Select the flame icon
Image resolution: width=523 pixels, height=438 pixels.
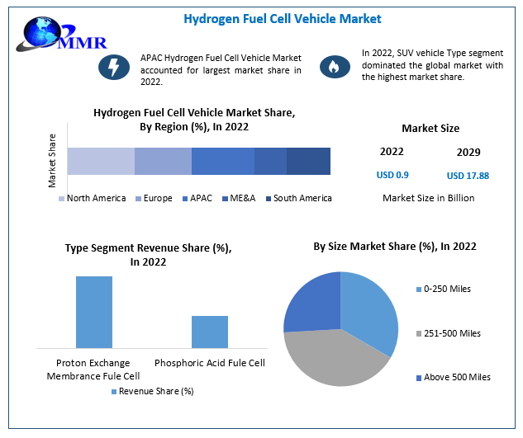[335, 66]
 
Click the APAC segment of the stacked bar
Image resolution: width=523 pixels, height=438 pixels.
[222, 161]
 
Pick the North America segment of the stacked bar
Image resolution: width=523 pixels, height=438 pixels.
[101, 161]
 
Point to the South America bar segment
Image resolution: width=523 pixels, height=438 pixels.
[308, 161]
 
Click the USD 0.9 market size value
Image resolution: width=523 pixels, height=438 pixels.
[392, 175]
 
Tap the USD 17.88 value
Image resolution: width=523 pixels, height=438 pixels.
[468, 175]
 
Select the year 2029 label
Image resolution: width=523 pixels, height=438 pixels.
[468, 153]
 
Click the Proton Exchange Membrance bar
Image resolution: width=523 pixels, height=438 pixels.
[94, 312]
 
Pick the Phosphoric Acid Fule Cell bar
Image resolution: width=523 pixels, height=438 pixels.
[209, 332]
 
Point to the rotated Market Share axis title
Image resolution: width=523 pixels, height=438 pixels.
[51, 158]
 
